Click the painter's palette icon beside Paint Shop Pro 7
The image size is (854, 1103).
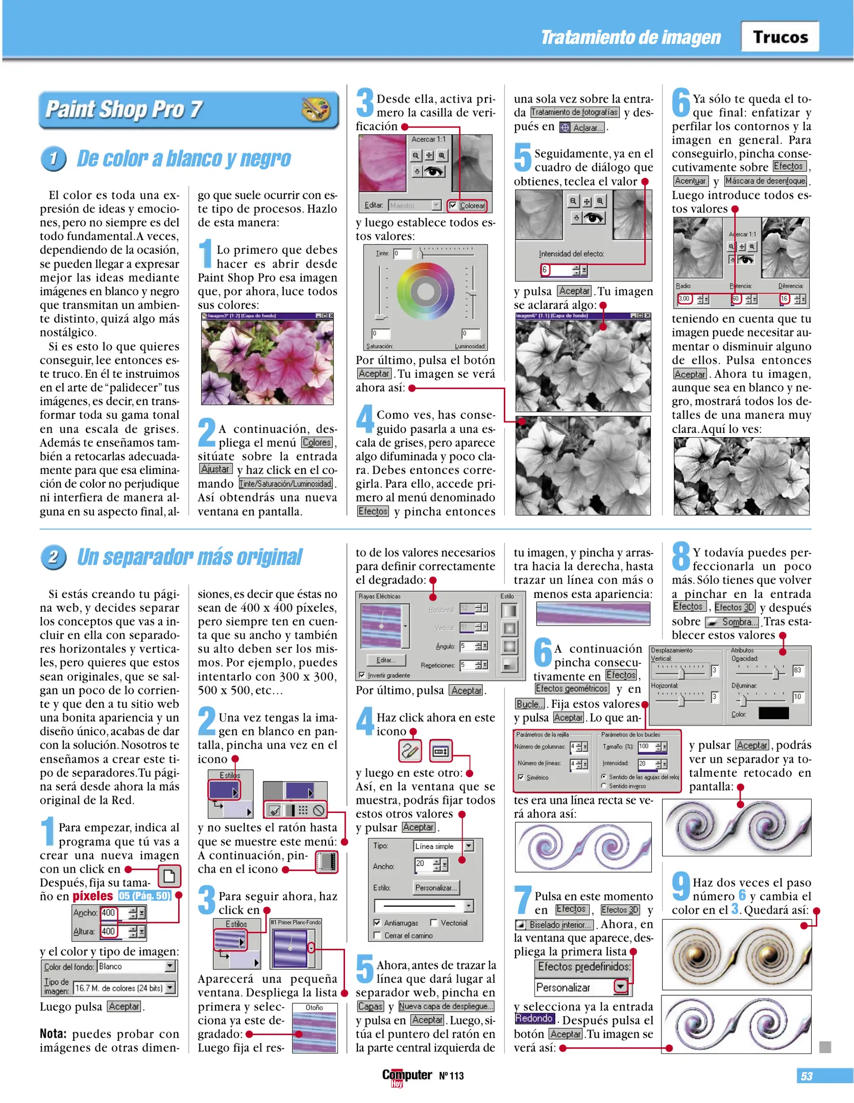[315, 109]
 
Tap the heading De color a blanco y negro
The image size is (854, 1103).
[183, 159]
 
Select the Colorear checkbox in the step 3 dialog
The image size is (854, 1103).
[453, 205]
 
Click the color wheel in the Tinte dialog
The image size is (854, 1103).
[425, 292]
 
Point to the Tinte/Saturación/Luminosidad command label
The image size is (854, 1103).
[286, 484]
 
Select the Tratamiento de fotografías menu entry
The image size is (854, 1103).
[574, 112]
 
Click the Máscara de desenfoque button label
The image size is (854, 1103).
[765, 181]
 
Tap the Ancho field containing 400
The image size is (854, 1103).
[109, 913]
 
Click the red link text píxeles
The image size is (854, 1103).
[92, 896]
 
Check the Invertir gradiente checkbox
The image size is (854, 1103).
[362, 675]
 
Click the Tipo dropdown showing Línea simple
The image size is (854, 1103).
[442, 846]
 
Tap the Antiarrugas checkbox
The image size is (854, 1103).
[377, 923]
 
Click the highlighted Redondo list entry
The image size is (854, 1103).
[533, 1018]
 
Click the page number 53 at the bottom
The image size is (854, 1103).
[806, 1076]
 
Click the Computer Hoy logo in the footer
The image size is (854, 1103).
[406, 1076]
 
